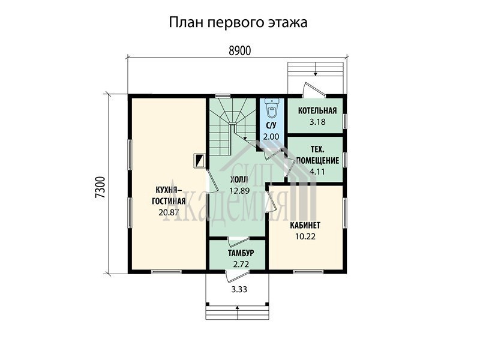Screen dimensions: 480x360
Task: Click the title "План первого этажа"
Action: tap(238, 23)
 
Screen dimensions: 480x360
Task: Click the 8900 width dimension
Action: tap(239, 51)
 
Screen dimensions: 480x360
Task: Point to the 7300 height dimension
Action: tap(100, 187)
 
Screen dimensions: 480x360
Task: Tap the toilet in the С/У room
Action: tap(271, 109)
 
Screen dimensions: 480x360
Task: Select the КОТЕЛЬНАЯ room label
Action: tap(317, 110)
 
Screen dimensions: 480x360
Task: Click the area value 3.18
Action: tap(317, 122)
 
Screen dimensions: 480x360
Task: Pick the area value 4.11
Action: tap(317, 172)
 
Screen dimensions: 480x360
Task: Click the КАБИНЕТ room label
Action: tap(305, 226)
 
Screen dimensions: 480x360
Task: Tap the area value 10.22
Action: tap(305, 236)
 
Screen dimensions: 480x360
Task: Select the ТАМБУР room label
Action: tap(241, 253)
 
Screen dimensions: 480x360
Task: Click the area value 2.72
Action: tap(241, 264)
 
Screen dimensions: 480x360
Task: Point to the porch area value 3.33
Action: tap(239, 289)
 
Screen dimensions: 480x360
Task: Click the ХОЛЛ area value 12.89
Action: tap(239, 191)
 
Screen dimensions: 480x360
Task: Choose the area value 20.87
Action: tap(169, 212)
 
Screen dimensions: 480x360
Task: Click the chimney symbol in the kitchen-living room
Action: tap(200, 160)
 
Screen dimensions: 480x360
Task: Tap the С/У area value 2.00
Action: tap(271, 137)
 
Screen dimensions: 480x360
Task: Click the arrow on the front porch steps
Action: tap(237, 312)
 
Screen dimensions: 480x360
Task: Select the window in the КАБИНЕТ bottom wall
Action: tap(308, 272)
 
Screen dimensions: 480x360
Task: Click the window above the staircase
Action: tap(223, 96)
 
